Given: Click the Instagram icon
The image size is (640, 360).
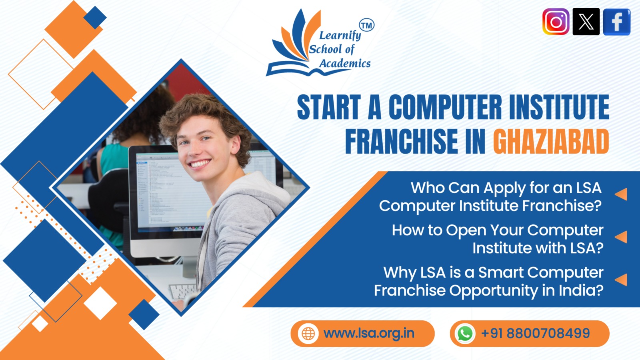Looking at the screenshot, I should [x=556, y=22].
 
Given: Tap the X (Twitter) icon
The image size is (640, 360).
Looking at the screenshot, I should [x=586, y=22].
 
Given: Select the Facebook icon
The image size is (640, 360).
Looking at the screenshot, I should [x=616, y=22].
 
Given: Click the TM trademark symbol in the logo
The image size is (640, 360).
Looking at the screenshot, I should [x=366, y=26].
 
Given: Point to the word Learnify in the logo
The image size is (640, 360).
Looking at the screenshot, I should [x=340, y=36].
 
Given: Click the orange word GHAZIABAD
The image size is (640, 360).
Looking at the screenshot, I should [x=551, y=142].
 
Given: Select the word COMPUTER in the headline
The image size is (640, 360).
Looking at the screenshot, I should [x=445, y=107].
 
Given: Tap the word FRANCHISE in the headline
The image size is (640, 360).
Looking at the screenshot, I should [x=402, y=142].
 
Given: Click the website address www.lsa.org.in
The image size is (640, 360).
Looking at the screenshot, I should [x=369, y=333].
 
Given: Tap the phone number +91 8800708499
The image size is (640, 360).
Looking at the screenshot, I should [x=535, y=333].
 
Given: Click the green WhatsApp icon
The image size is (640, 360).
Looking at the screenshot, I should [x=465, y=334].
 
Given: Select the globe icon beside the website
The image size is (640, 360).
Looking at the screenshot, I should [x=308, y=334].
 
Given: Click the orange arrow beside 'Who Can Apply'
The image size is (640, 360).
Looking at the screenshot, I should [x=621, y=194].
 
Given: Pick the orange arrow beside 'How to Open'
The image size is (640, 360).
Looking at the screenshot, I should [x=621, y=237].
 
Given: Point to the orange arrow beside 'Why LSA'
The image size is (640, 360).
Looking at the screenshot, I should [x=621, y=280].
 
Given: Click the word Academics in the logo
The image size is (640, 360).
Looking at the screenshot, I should [x=345, y=64].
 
